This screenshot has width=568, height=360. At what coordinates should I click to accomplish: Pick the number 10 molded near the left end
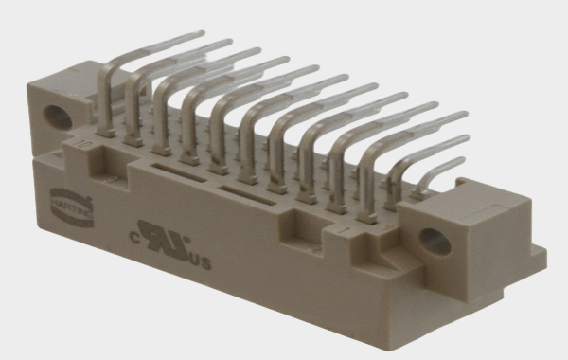(x=84, y=145)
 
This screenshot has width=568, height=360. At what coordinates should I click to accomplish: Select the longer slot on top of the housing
(x=254, y=196)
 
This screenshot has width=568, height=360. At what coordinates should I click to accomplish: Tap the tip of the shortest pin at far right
(x=461, y=164)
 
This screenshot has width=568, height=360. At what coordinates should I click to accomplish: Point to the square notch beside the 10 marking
(x=105, y=149)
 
